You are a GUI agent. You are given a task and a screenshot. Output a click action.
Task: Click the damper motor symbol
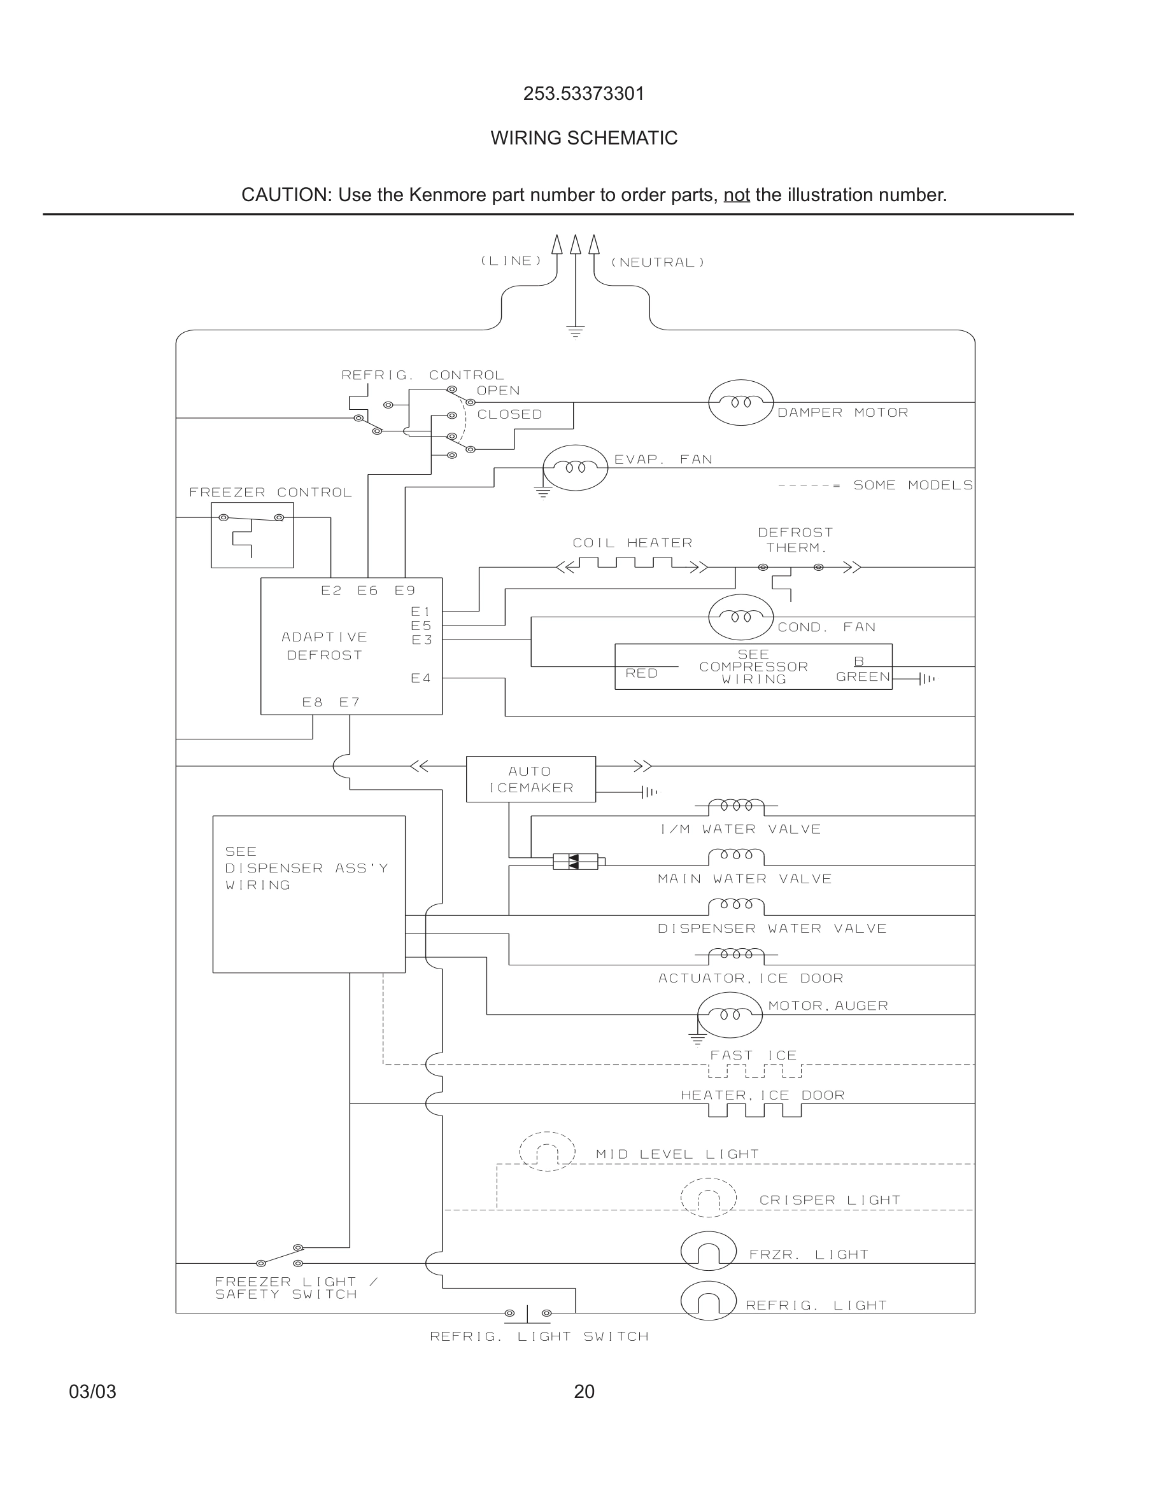tap(740, 402)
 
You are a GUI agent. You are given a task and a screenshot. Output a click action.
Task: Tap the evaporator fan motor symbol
tap(575, 468)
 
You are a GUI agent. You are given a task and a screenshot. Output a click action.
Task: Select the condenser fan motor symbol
tap(740, 617)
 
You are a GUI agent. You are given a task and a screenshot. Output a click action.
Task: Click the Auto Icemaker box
tap(530, 779)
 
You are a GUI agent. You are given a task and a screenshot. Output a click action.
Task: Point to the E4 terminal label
tap(420, 678)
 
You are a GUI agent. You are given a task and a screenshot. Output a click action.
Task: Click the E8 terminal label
tap(313, 702)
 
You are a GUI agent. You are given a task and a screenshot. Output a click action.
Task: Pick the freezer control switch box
tap(252, 535)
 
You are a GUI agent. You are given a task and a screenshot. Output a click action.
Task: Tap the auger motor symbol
tap(729, 1015)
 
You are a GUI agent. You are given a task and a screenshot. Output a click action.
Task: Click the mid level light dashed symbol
tap(547, 1151)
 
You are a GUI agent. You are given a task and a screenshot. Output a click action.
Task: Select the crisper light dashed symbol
tap(708, 1198)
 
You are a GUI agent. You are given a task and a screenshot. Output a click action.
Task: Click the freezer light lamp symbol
tap(708, 1251)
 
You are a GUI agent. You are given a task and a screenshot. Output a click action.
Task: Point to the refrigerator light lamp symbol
tap(708, 1301)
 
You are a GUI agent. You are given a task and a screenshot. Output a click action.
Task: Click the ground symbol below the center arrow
tap(576, 331)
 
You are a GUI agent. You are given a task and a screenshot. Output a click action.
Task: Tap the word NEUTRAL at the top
tap(657, 262)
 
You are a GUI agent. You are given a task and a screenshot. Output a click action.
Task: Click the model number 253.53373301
tap(584, 94)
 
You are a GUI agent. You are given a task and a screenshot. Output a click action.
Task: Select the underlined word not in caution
tap(736, 195)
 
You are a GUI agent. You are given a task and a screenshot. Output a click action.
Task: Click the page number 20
tap(584, 1392)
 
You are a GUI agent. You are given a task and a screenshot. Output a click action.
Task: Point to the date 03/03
tap(92, 1392)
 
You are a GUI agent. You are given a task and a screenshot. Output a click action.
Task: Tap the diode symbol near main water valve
tap(575, 862)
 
